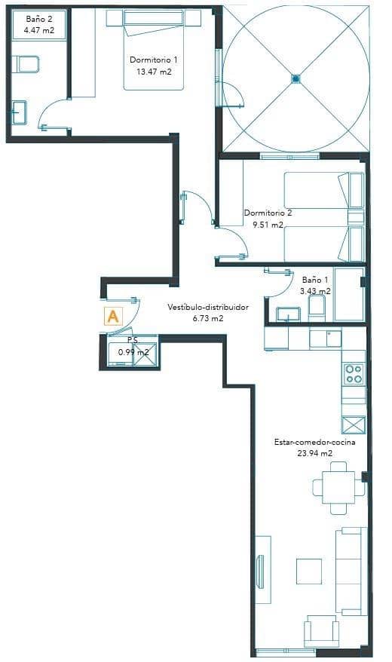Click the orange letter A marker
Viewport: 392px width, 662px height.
(x=113, y=316)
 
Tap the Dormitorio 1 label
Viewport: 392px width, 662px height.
(x=154, y=60)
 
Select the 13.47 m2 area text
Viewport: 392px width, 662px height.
(x=154, y=72)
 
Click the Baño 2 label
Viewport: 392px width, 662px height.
(x=38, y=18)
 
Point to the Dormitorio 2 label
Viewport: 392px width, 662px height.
(x=268, y=213)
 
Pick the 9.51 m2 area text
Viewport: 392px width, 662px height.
(x=268, y=224)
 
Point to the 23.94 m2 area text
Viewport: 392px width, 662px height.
(x=315, y=453)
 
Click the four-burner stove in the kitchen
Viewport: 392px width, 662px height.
(x=354, y=373)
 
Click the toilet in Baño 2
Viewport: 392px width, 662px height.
(x=27, y=64)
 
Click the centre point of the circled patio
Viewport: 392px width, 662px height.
(x=296, y=77)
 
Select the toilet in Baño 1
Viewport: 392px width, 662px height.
(x=317, y=306)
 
